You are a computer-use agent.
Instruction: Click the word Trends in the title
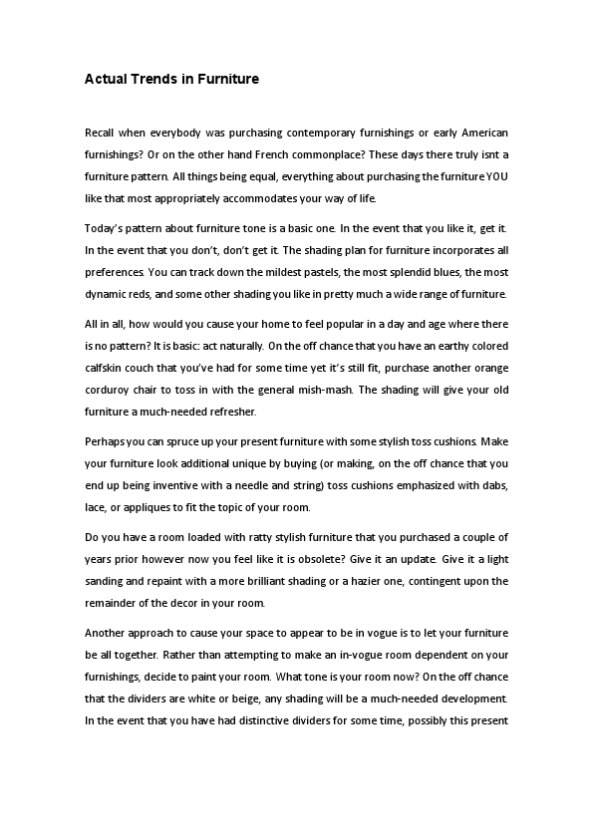(x=150, y=79)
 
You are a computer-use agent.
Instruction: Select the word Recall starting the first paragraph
(x=101, y=133)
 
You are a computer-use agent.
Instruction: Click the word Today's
(x=105, y=228)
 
